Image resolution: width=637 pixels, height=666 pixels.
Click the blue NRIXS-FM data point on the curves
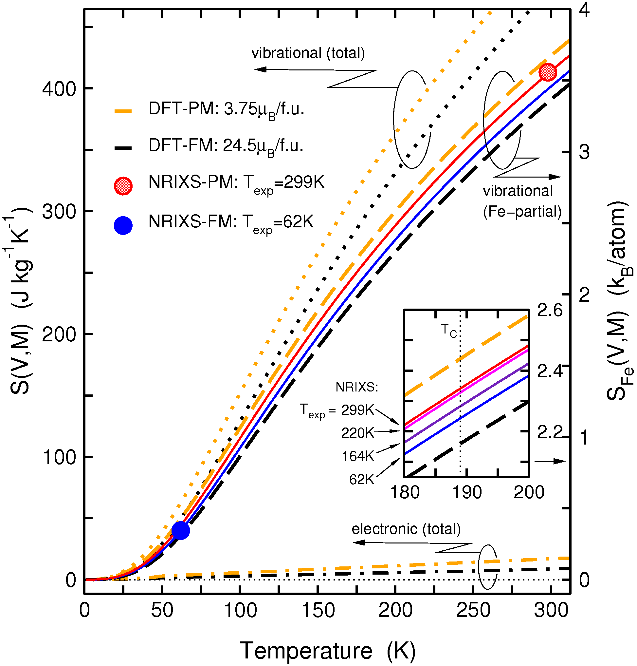click(x=180, y=530)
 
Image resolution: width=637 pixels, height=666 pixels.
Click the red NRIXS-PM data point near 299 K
click(x=547, y=72)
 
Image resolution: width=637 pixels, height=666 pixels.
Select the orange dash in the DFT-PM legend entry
click(x=123, y=111)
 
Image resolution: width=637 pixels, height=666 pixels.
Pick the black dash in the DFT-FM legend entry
click(x=123, y=148)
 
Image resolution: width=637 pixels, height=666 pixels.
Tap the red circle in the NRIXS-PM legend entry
click(x=123, y=186)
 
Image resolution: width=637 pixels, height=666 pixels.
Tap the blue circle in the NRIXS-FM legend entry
click(x=123, y=225)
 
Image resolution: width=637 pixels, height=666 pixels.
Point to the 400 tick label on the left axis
click(x=58, y=89)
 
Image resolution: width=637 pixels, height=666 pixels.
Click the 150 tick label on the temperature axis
click(x=318, y=611)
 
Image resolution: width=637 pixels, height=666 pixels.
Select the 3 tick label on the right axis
click(x=584, y=153)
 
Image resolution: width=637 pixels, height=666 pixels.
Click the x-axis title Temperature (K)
click(x=328, y=651)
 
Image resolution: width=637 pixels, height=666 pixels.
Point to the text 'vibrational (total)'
click(x=308, y=53)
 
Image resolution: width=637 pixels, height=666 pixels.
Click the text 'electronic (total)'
click(x=406, y=529)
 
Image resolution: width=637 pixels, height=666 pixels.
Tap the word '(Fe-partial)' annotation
click(x=522, y=212)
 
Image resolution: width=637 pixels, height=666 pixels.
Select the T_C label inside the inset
click(x=448, y=330)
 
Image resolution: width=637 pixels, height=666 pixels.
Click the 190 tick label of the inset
click(x=467, y=493)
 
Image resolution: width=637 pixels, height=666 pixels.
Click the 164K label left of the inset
click(x=358, y=456)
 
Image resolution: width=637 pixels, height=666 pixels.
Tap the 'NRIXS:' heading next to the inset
click(x=357, y=387)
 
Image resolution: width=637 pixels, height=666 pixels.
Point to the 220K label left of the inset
click(x=357, y=433)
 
